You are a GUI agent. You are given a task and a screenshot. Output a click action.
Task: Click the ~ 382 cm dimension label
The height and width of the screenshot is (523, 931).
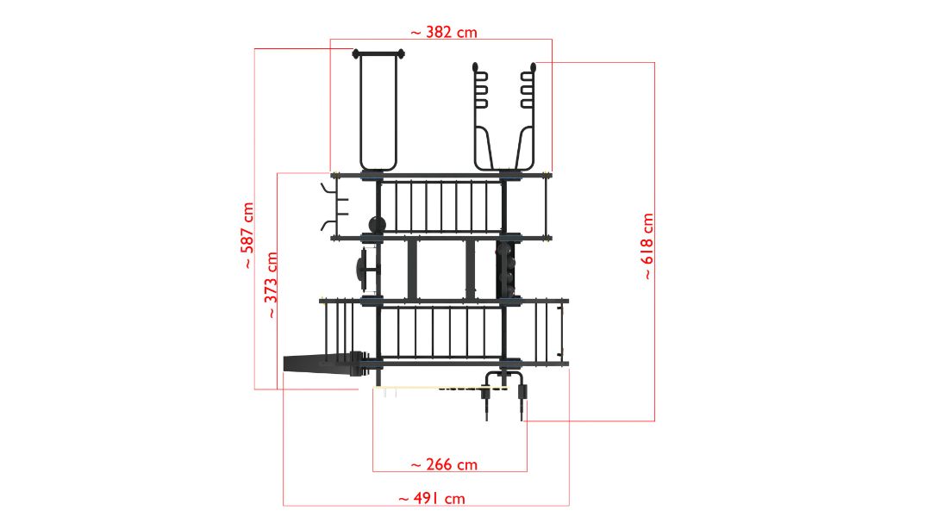pos(444,32)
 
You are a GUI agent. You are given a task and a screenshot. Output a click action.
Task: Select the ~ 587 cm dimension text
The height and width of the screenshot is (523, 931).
pos(247,235)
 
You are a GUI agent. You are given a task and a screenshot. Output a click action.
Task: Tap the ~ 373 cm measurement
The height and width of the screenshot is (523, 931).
pos(270,285)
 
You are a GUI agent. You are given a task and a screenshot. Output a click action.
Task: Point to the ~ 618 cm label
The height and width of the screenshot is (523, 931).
pos(647,246)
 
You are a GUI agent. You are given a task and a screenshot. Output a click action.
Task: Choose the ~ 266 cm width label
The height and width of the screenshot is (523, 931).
pos(444,464)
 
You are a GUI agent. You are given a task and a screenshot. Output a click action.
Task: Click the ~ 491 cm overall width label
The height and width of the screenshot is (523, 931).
pos(432,498)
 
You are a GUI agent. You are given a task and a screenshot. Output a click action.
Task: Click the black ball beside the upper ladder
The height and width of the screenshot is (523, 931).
pos(377,224)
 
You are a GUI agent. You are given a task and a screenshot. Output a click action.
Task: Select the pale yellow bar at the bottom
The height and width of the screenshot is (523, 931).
pos(440,388)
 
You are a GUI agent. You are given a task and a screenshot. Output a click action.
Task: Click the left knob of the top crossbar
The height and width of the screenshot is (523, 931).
pos(356,54)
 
